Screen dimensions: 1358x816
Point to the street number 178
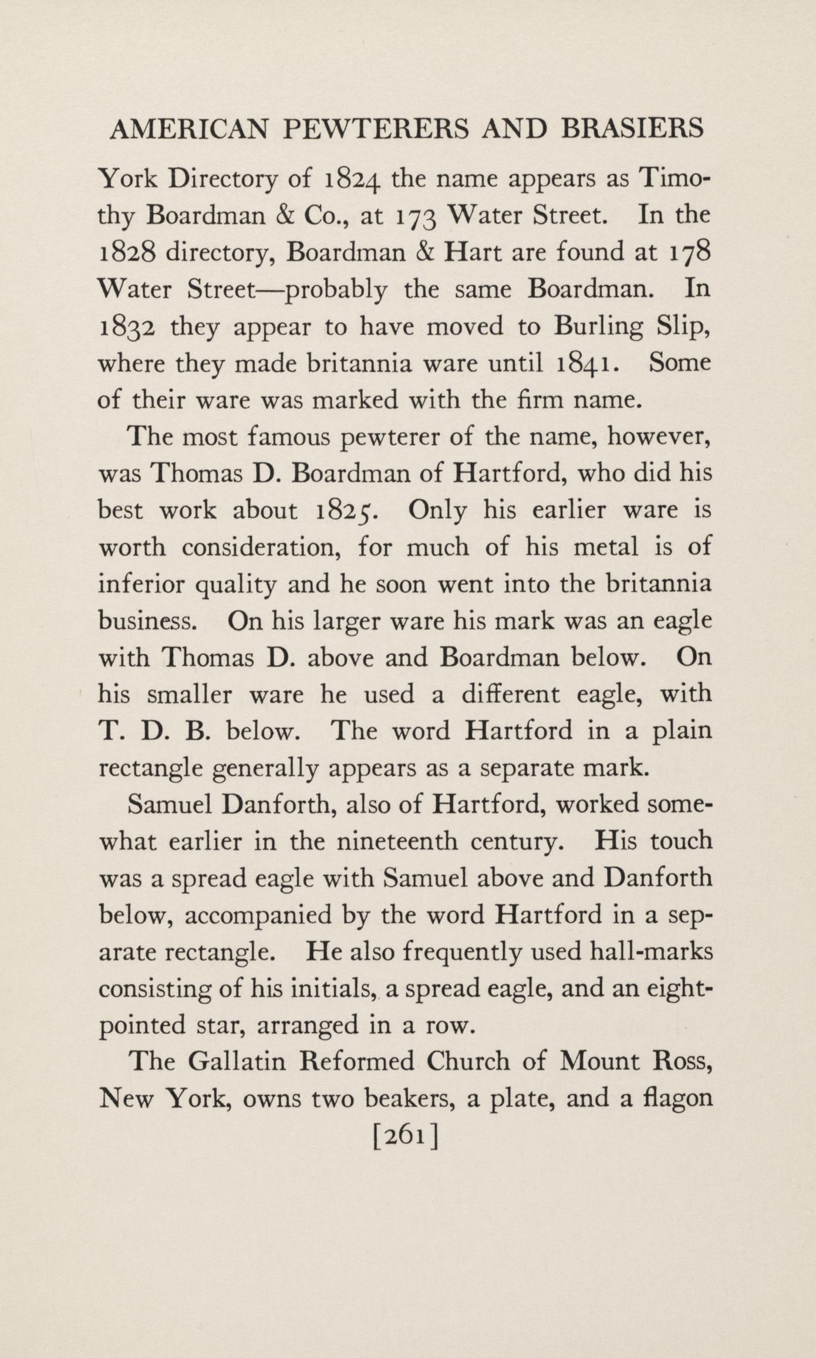point(690,253)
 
